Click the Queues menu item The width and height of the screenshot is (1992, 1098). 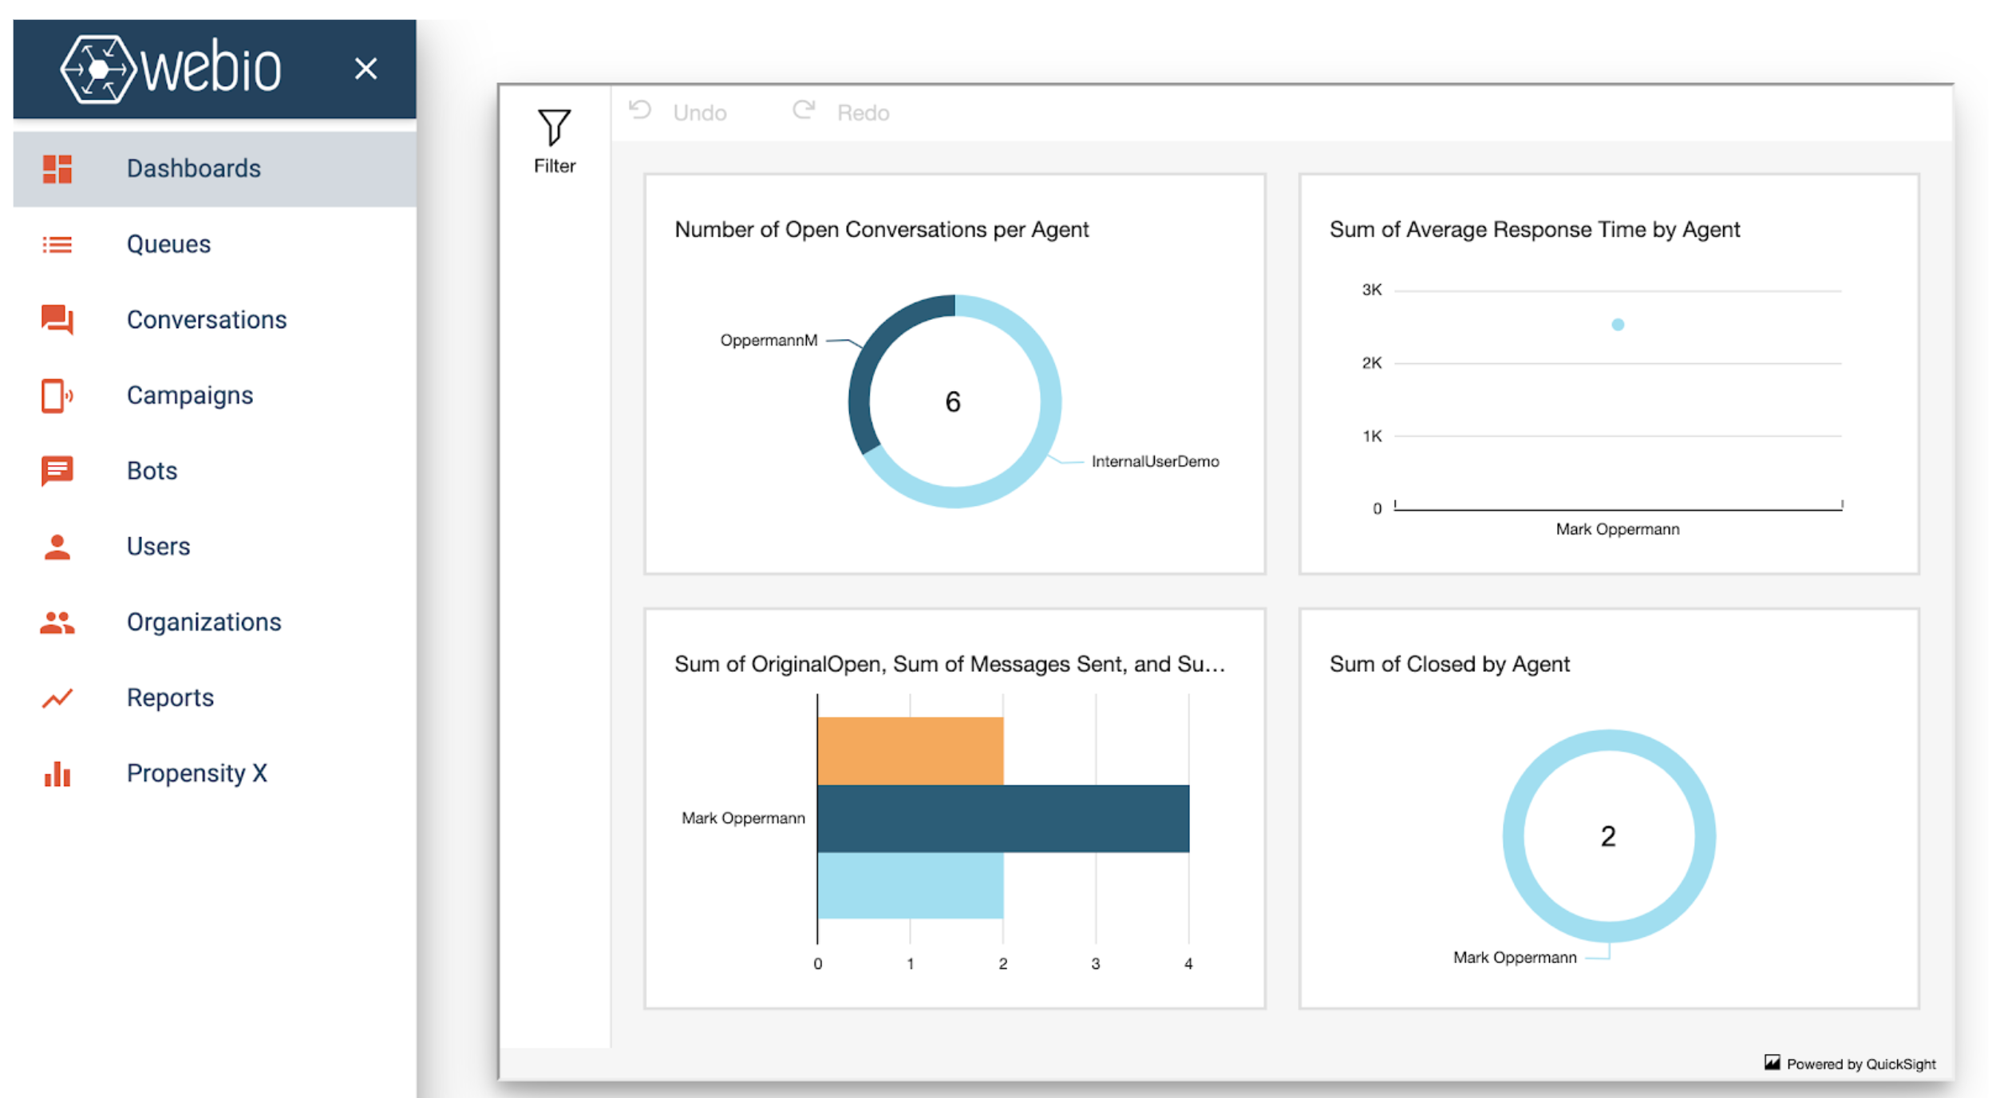click(168, 244)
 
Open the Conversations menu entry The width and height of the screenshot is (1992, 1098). click(206, 320)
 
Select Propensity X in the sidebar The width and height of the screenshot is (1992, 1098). click(196, 773)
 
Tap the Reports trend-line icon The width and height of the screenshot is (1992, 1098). click(57, 698)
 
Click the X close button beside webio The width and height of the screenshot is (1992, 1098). click(366, 69)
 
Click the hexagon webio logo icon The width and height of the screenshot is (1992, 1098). click(97, 69)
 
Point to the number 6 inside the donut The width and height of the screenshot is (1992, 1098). click(953, 401)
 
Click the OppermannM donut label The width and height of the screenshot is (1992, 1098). click(768, 341)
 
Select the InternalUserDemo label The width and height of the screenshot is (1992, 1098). click(1154, 461)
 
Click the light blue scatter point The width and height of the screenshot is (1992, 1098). click(1617, 325)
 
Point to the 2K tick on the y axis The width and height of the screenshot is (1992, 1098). click(1371, 363)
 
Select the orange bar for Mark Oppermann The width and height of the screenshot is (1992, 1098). click(910, 750)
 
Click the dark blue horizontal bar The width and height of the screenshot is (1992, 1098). click(1002, 818)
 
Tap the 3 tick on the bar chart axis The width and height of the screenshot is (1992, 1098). click(1095, 964)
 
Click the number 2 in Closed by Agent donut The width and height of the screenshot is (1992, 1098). click(1607, 836)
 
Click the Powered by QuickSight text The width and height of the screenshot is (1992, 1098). click(1860, 1064)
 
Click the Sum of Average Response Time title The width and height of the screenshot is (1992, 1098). click(1533, 230)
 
